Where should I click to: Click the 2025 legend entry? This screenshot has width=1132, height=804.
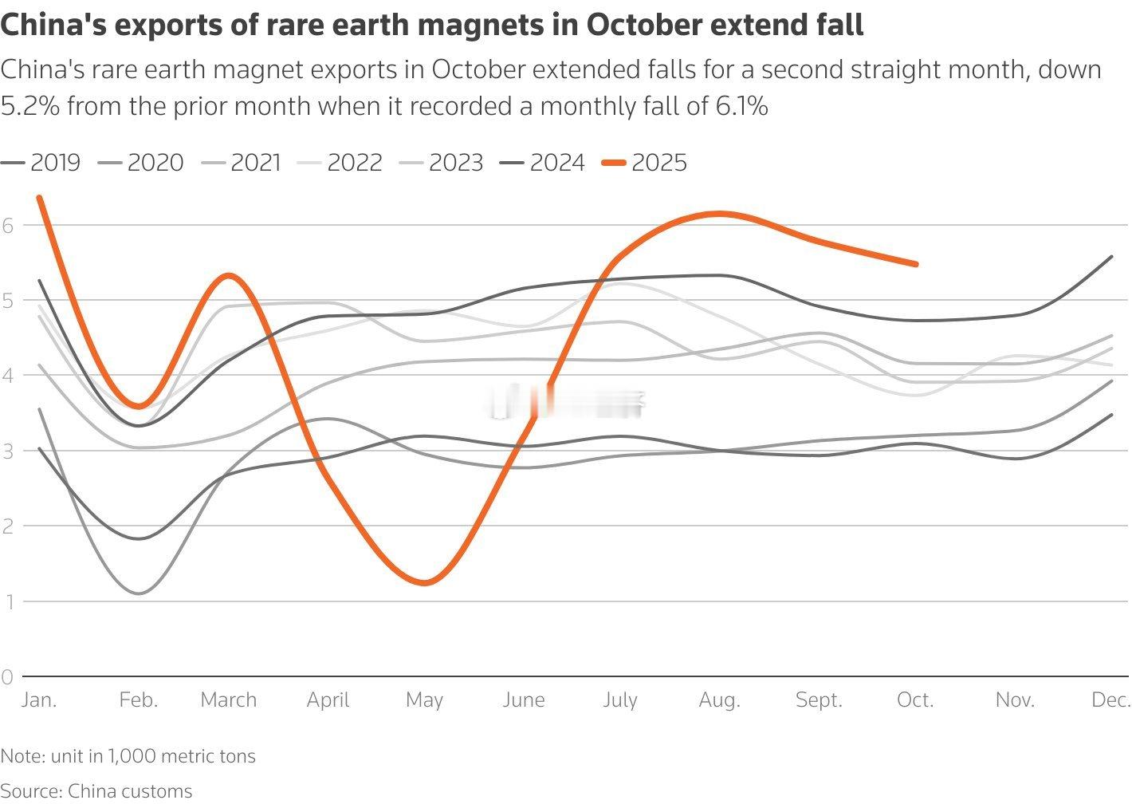645,163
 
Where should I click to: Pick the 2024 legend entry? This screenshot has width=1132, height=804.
543,163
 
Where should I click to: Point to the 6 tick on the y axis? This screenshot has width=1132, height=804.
8,225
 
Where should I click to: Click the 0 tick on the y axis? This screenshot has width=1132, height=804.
8,677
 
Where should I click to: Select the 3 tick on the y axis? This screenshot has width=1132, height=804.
8,451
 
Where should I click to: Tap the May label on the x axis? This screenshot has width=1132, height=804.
424,700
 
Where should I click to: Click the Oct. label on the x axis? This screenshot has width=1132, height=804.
915,700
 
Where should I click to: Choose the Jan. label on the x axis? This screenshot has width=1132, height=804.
38,700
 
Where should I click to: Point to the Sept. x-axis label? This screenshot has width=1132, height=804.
819,700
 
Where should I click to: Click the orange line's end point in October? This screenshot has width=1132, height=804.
916,264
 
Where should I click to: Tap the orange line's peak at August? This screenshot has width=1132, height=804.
720,213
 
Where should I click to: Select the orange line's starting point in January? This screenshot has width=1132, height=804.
39,197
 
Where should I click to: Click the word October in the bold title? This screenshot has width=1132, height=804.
645,26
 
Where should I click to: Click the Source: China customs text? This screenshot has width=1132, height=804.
96,791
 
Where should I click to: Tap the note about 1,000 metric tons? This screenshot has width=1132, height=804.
128,756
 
